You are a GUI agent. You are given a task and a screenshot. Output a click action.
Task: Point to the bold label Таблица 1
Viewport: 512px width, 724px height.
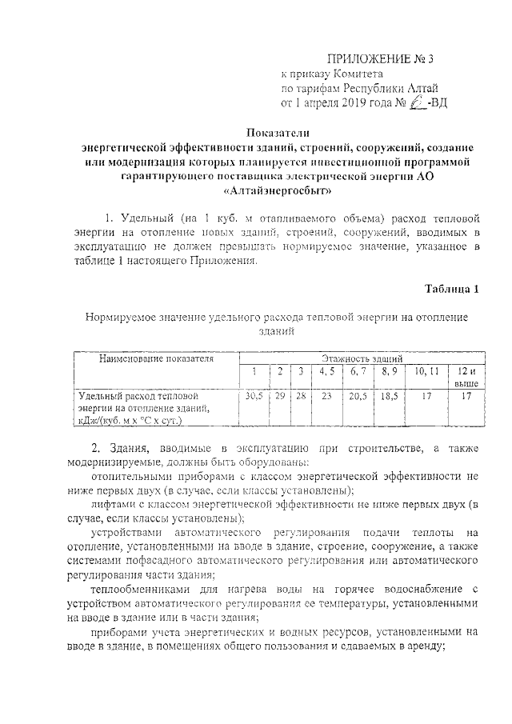coord(450,289)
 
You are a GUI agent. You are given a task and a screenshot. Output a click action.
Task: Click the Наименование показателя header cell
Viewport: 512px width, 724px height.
coord(156,359)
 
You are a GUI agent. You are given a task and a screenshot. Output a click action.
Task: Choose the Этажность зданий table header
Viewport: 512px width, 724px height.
coord(362,360)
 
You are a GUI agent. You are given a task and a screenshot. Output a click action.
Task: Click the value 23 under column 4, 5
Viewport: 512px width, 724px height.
coord(326,397)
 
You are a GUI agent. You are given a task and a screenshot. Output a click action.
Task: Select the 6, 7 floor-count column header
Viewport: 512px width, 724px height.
coord(357,372)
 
